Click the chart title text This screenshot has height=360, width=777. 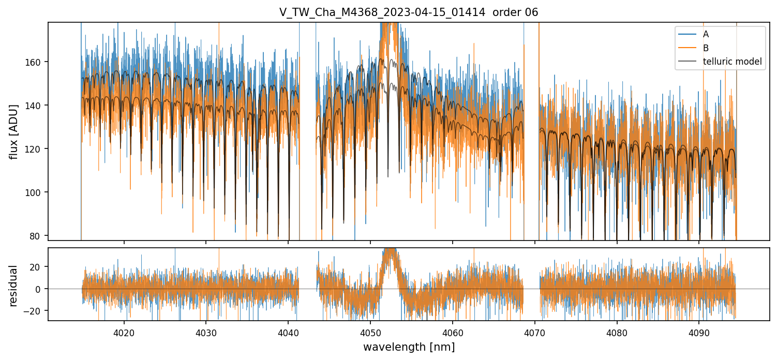point(409,12)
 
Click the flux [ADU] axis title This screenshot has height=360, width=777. point(14,131)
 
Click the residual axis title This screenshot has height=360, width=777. point(14,286)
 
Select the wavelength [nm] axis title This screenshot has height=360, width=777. point(409,347)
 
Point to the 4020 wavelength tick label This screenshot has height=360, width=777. point(124,333)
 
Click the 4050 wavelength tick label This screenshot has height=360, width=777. point(370,333)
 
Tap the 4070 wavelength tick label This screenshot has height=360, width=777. point(535,333)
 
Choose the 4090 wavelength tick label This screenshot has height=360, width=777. point(699,333)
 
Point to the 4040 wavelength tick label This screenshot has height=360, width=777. point(288,333)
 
